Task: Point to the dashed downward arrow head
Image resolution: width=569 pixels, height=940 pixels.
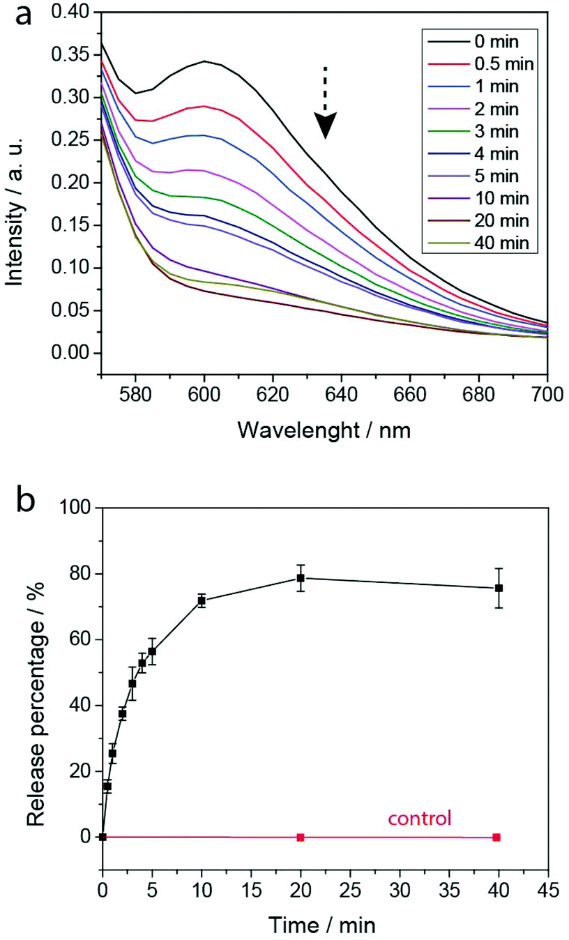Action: [x=324, y=126]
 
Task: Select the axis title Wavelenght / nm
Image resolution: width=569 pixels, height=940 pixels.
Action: [x=324, y=430]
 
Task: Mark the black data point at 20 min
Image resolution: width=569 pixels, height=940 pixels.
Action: [x=301, y=578]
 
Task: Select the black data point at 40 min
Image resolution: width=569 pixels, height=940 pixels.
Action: [x=499, y=588]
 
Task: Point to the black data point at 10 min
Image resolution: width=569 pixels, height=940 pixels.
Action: [x=202, y=600]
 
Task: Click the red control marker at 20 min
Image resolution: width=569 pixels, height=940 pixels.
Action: [x=301, y=837]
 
